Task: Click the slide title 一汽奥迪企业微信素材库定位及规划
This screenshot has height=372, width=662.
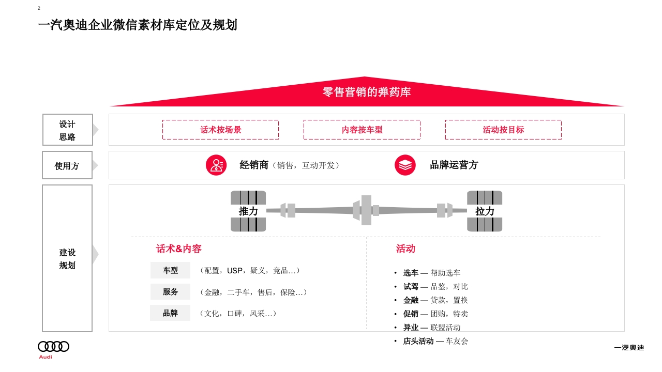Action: click(137, 25)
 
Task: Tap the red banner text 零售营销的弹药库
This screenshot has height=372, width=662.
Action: click(366, 92)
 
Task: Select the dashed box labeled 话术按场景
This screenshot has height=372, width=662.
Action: click(220, 130)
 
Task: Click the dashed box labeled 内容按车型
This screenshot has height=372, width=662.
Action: click(362, 130)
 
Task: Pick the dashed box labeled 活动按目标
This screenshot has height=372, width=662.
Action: click(503, 130)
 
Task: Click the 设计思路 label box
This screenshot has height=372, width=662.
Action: click(67, 130)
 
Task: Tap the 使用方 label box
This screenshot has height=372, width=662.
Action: click(67, 165)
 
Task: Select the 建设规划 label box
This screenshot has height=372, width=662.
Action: click(67, 258)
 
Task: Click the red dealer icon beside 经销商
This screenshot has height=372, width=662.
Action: click(216, 165)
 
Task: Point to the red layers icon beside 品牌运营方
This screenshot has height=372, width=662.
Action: click(405, 165)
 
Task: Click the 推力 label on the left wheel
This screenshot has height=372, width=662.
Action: click(248, 211)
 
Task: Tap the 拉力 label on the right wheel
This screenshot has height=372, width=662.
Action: click(485, 211)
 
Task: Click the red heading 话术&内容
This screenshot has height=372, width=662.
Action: click(179, 249)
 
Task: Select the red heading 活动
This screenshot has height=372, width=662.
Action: click(405, 249)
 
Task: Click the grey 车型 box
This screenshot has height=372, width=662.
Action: click(170, 270)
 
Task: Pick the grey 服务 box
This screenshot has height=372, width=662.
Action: click(170, 292)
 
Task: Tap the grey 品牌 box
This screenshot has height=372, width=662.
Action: click(170, 313)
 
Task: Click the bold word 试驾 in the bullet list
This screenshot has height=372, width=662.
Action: click(411, 286)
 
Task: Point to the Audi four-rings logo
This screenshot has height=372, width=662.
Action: click(53, 347)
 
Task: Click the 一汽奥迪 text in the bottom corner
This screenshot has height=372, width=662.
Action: click(629, 348)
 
